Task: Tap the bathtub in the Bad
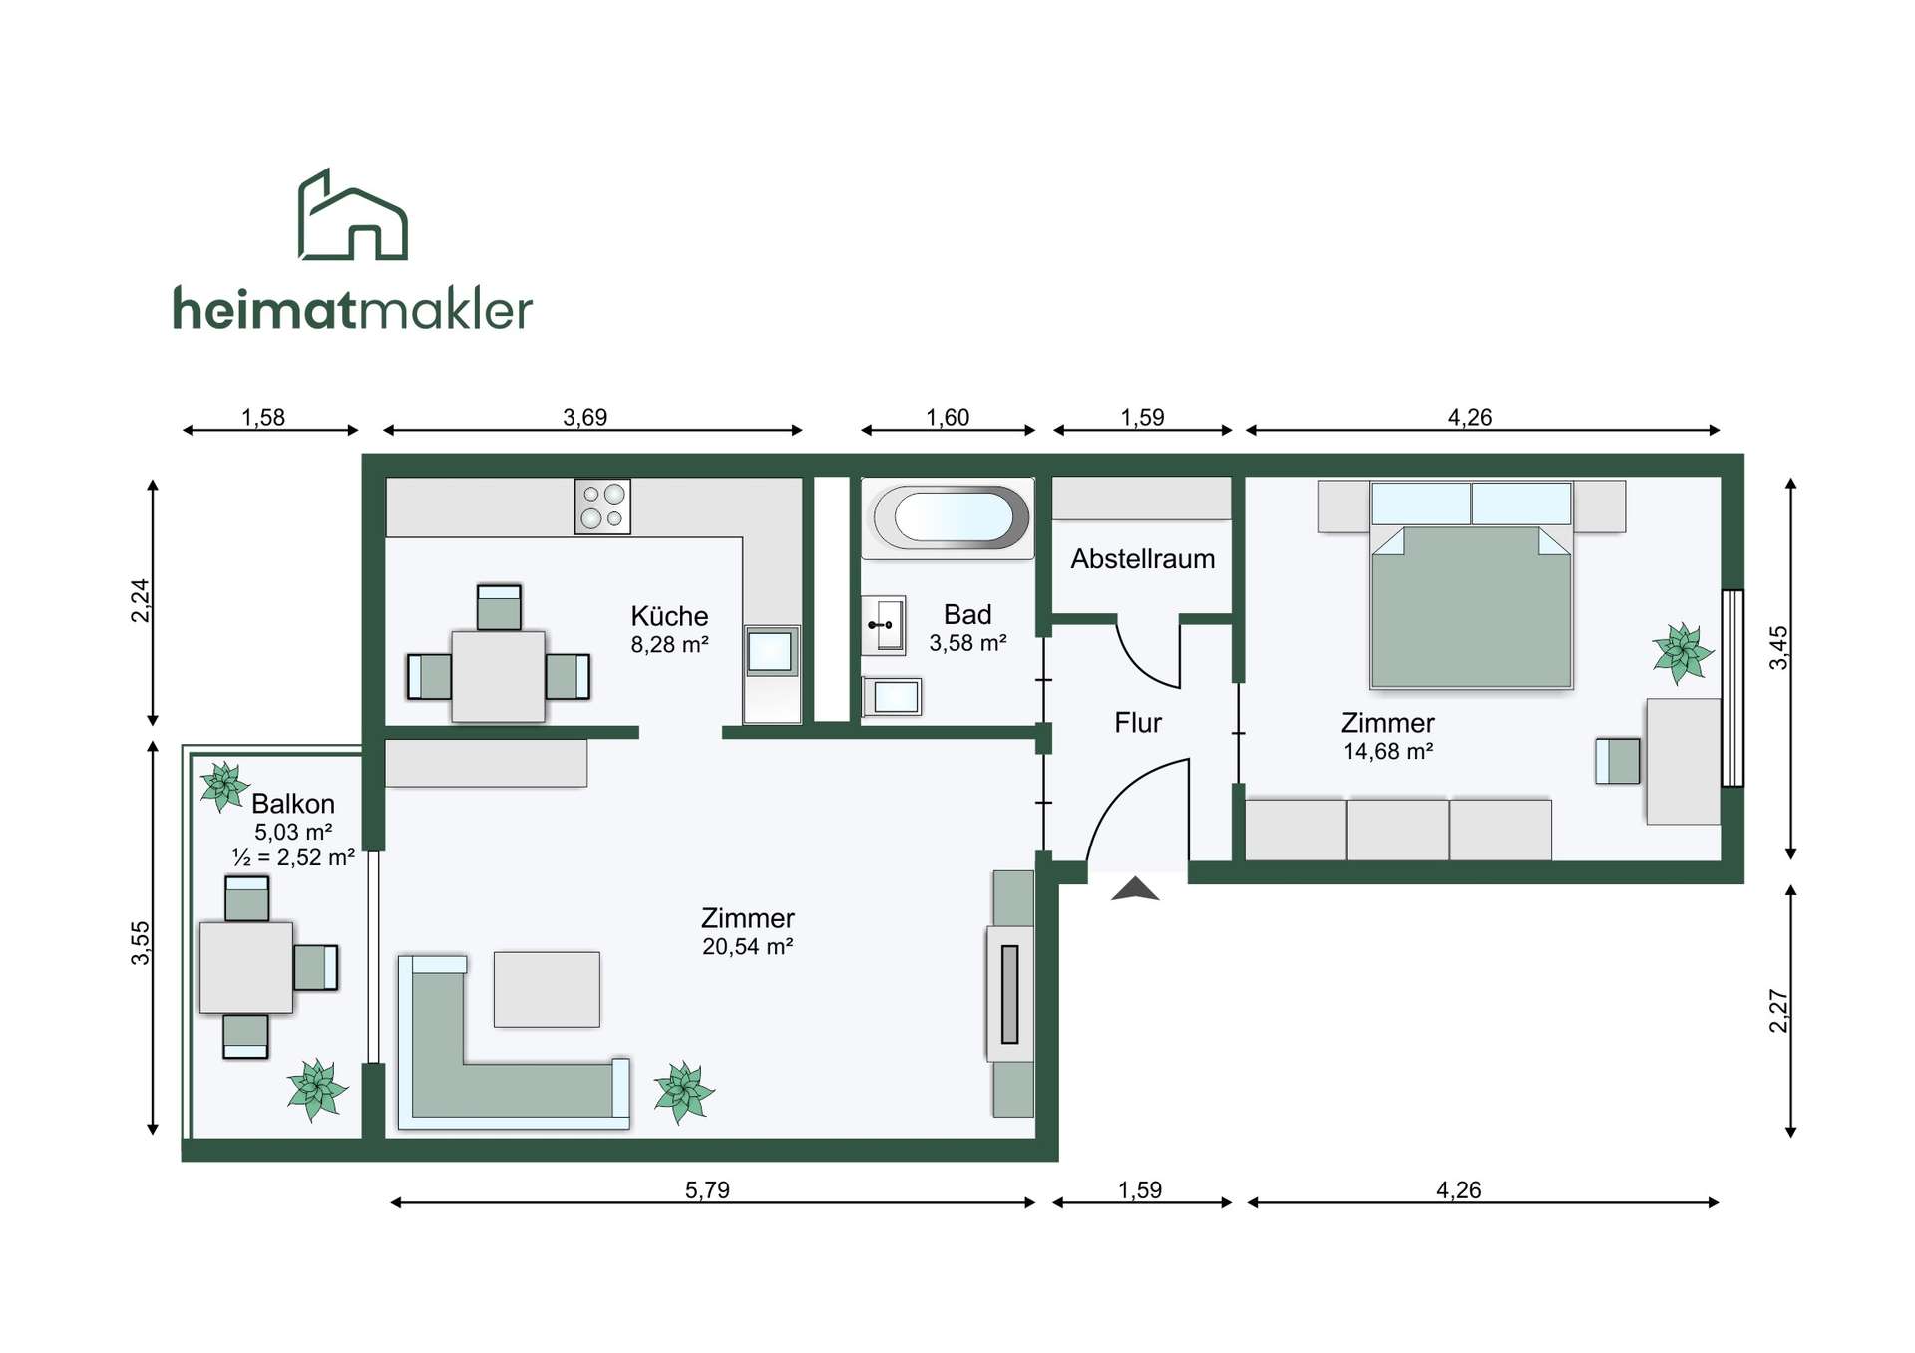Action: tap(949, 517)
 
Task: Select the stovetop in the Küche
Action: tap(602, 507)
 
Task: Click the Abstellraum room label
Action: tap(1143, 559)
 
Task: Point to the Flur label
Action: tap(1138, 723)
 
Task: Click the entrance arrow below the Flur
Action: tap(1135, 889)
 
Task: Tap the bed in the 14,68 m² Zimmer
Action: tap(1471, 585)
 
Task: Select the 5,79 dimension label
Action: tap(707, 1189)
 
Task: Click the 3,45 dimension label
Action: tap(1778, 648)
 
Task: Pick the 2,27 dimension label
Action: tap(1778, 1011)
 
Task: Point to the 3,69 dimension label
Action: tap(585, 417)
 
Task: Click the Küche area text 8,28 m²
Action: tap(669, 645)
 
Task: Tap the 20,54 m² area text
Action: tap(747, 947)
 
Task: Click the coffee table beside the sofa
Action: tap(547, 989)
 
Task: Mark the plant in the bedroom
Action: tap(1682, 653)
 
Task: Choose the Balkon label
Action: tap(293, 804)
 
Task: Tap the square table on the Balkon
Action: tap(246, 967)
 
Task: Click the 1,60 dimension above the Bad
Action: tap(948, 417)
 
